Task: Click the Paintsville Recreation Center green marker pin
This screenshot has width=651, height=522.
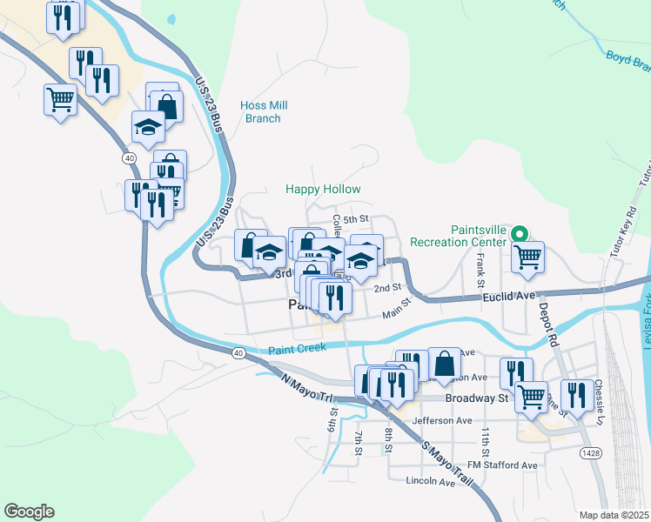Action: point(520,233)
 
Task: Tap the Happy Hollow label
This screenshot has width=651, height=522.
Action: point(323,189)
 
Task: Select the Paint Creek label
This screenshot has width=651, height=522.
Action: point(297,347)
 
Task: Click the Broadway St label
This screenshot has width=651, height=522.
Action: point(476,398)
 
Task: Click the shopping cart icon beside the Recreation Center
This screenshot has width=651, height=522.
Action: point(527,257)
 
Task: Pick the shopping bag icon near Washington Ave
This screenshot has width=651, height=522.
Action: point(444,363)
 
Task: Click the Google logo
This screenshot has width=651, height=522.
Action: point(29,511)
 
